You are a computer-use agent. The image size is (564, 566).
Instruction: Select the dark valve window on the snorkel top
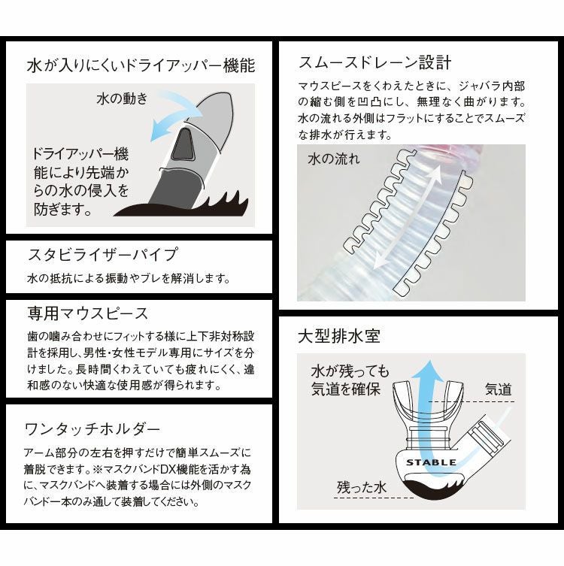pyautogui.click(x=181, y=145)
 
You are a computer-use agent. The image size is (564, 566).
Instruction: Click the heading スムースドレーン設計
pyautogui.click(x=374, y=61)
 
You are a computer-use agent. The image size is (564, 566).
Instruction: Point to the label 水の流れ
pyautogui.click(x=334, y=159)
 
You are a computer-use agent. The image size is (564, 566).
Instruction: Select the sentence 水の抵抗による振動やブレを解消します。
pyautogui.click(x=127, y=278)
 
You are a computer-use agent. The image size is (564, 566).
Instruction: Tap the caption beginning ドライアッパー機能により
pyautogui.click(x=81, y=181)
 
